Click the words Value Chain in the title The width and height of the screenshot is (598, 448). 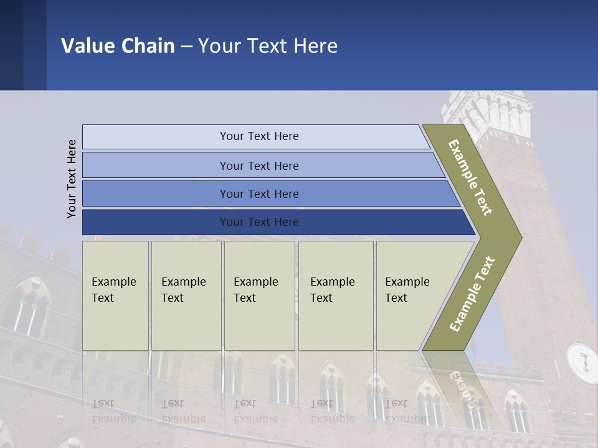tap(118, 46)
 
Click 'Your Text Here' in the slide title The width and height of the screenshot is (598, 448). tap(268, 46)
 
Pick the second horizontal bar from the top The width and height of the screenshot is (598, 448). tap(156, 166)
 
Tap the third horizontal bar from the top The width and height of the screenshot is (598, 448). tap(156, 194)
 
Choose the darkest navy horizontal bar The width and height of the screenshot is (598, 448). tap(156, 222)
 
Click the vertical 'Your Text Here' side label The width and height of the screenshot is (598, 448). tap(72, 179)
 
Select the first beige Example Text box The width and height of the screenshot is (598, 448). tap(115, 296)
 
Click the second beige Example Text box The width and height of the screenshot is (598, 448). tap(186, 296)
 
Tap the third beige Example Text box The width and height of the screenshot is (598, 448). tap(259, 296)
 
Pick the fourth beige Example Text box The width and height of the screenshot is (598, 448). tap(336, 296)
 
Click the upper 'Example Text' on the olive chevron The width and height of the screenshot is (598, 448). tap(470, 177)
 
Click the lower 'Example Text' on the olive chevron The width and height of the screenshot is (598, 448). tap(472, 294)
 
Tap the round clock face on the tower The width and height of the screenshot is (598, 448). tap(582, 362)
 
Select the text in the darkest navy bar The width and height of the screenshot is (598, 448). tap(259, 222)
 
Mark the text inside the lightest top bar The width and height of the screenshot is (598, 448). tap(259, 136)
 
